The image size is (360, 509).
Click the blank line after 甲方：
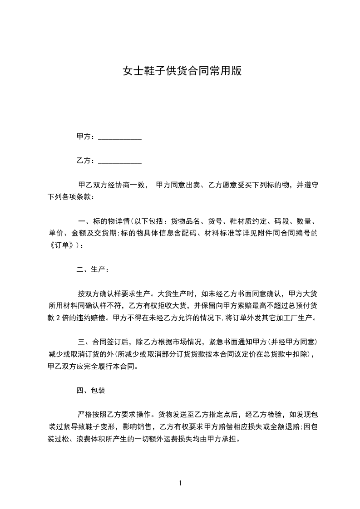click(120, 137)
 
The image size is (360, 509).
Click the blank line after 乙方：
click(120, 162)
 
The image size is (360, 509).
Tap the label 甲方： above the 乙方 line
click(86, 137)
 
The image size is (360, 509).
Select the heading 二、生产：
click(93, 269)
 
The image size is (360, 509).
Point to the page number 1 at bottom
click(180, 483)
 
